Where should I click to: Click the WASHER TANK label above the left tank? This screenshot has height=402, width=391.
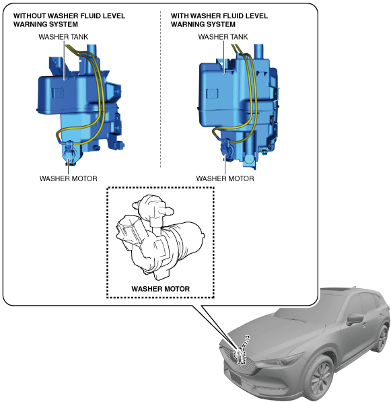tap(63, 37)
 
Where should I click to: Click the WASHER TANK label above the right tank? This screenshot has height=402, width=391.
tap(223, 37)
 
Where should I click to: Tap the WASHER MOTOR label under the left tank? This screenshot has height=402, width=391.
tap(69, 178)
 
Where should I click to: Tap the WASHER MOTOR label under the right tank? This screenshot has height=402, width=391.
tap(225, 178)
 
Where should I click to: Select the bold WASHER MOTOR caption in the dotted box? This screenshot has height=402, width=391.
tap(161, 289)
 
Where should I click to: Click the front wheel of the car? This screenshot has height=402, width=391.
tap(320, 376)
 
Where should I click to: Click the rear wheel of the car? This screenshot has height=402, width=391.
tap(382, 338)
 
